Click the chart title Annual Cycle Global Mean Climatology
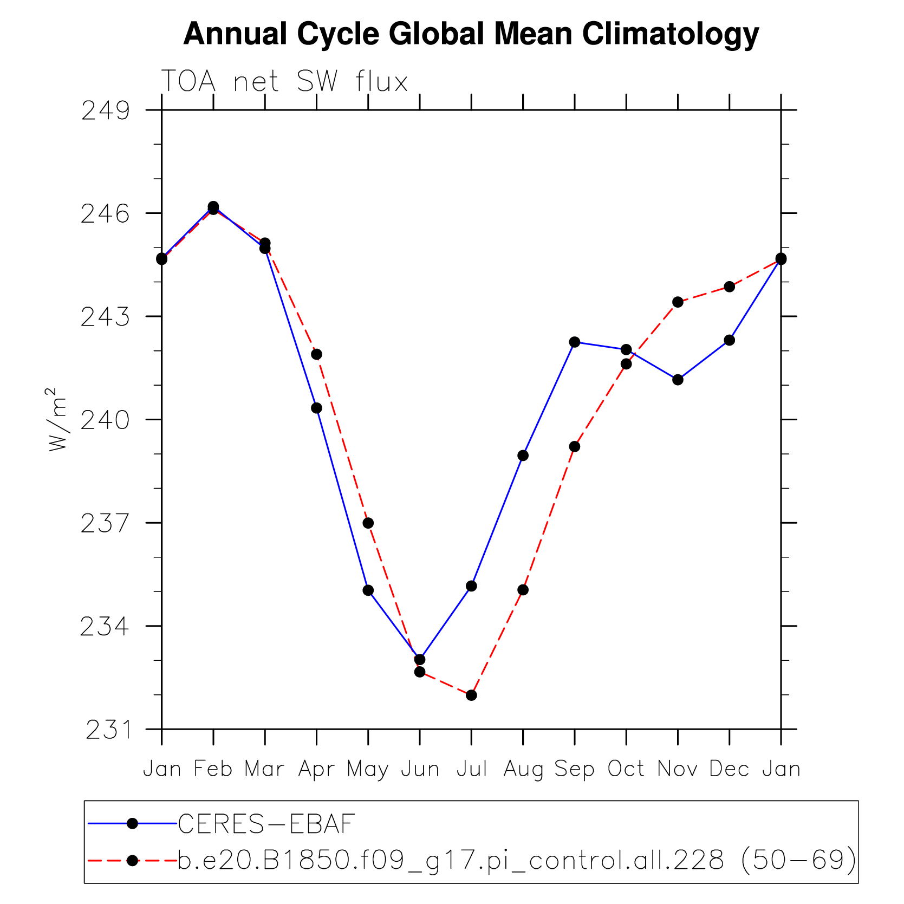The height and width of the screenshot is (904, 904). pyautogui.click(x=471, y=34)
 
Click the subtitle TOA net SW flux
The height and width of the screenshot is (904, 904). pyautogui.click(x=284, y=82)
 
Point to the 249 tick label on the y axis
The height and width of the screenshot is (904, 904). pyautogui.click(x=106, y=111)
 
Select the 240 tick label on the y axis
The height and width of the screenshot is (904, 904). pyautogui.click(x=106, y=420)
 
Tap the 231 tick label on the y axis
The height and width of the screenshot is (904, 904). pyautogui.click(x=108, y=730)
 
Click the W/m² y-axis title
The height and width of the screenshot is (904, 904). pyautogui.click(x=57, y=420)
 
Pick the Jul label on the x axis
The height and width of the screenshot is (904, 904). pyautogui.click(x=471, y=769)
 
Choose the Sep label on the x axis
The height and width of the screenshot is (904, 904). pyautogui.click(x=574, y=769)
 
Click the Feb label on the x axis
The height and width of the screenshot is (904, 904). pyautogui.click(x=213, y=769)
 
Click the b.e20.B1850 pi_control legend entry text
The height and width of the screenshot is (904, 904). pyautogui.click(x=517, y=860)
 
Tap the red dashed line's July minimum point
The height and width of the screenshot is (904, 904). pyautogui.click(x=471, y=695)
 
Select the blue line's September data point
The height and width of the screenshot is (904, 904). pyautogui.click(x=575, y=342)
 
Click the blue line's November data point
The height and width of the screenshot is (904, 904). pyautogui.click(x=678, y=380)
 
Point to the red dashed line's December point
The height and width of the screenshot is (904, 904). pyautogui.click(x=730, y=287)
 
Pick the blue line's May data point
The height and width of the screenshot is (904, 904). pyautogui.click(x=368, y=590)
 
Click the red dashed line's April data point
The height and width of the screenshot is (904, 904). pyautogui.click(x=317, y=354)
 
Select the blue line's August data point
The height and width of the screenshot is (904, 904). pyautogui.click(x=523, y=456)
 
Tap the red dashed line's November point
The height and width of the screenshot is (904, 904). pyautogui.click(x=678, y=302)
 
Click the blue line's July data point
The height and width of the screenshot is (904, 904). pyautogui.click(x=471, y=586)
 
